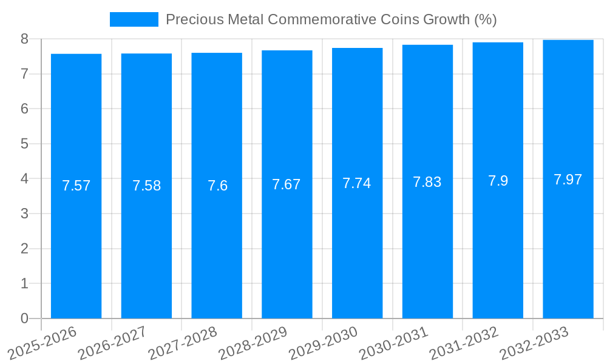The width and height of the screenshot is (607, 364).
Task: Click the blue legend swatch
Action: point(134,19)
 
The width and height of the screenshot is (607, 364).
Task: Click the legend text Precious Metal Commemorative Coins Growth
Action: point(331,19)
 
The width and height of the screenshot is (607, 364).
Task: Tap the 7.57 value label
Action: point(76,186)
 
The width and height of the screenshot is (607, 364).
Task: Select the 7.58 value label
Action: point(146,186)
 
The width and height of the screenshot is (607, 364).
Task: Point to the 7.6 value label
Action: point(217,186)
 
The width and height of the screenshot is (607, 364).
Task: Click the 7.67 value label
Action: point(287,184)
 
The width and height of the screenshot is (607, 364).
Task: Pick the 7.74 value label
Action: point(357,183)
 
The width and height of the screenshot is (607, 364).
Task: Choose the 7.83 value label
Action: point(427,182)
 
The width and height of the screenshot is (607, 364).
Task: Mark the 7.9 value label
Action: point(498,181)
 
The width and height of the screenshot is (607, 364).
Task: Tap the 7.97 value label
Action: point(568,180)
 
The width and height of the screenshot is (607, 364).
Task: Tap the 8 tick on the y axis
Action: point(24,39)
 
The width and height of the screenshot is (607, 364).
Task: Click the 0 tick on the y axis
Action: point(24,318)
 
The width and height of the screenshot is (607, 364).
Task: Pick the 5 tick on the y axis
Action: point(24,144)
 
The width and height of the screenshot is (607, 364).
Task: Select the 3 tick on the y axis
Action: point(24,214)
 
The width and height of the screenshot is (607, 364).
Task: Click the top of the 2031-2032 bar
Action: point(498,42)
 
